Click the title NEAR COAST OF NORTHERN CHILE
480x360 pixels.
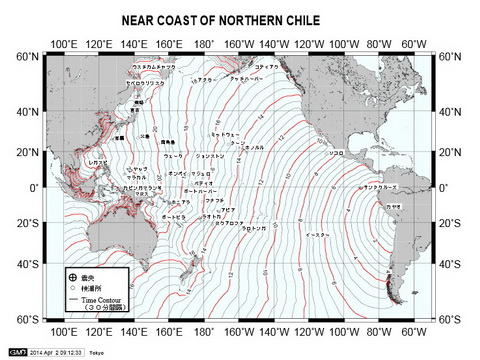(239, 20)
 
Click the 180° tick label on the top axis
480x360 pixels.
(204, 44)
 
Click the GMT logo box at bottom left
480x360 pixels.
(18, 352)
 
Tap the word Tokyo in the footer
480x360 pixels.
(96, 352)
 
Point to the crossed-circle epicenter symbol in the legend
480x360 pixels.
(71, 275)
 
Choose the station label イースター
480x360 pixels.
(317, 236)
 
